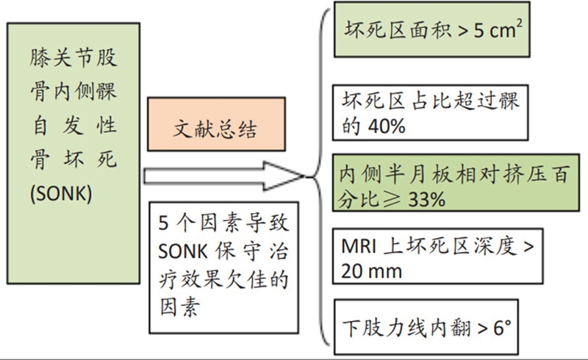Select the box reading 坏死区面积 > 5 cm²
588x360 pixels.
432,30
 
